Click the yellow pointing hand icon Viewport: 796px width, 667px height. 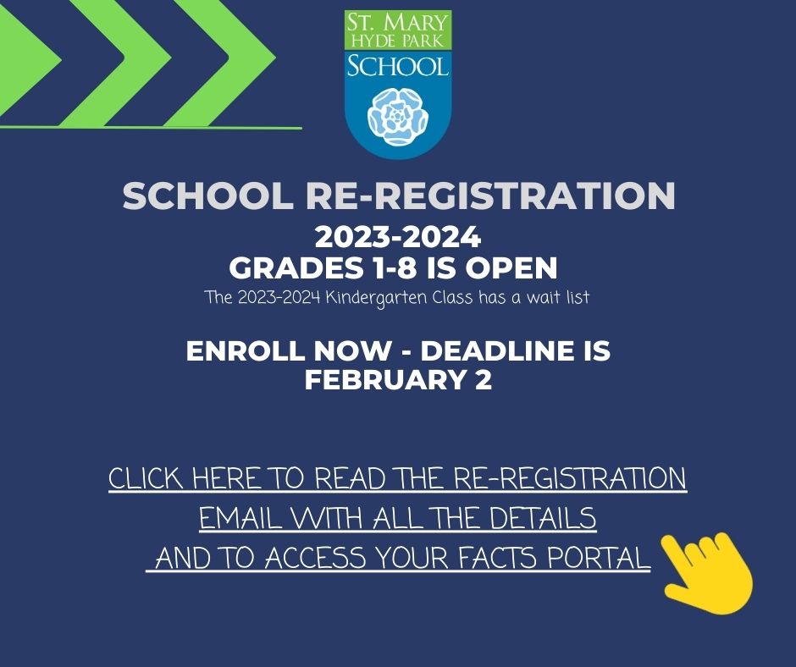(x=708, y=574)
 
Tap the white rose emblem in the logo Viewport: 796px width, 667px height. (x=398, y=116)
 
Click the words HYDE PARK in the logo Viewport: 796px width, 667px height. (x=398, y=41)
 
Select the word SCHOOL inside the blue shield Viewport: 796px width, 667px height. (x=398, y=67)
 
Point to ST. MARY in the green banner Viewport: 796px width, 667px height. (x=398, y=22)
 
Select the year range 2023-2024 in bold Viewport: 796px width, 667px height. (x=398, y=237)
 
